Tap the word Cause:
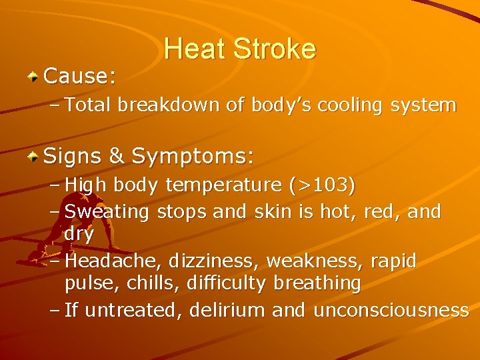79,77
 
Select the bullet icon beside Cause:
33,77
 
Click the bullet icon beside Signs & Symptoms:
33,157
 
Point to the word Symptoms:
193,157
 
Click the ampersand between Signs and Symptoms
116,157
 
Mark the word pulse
87,283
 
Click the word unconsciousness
391,310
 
